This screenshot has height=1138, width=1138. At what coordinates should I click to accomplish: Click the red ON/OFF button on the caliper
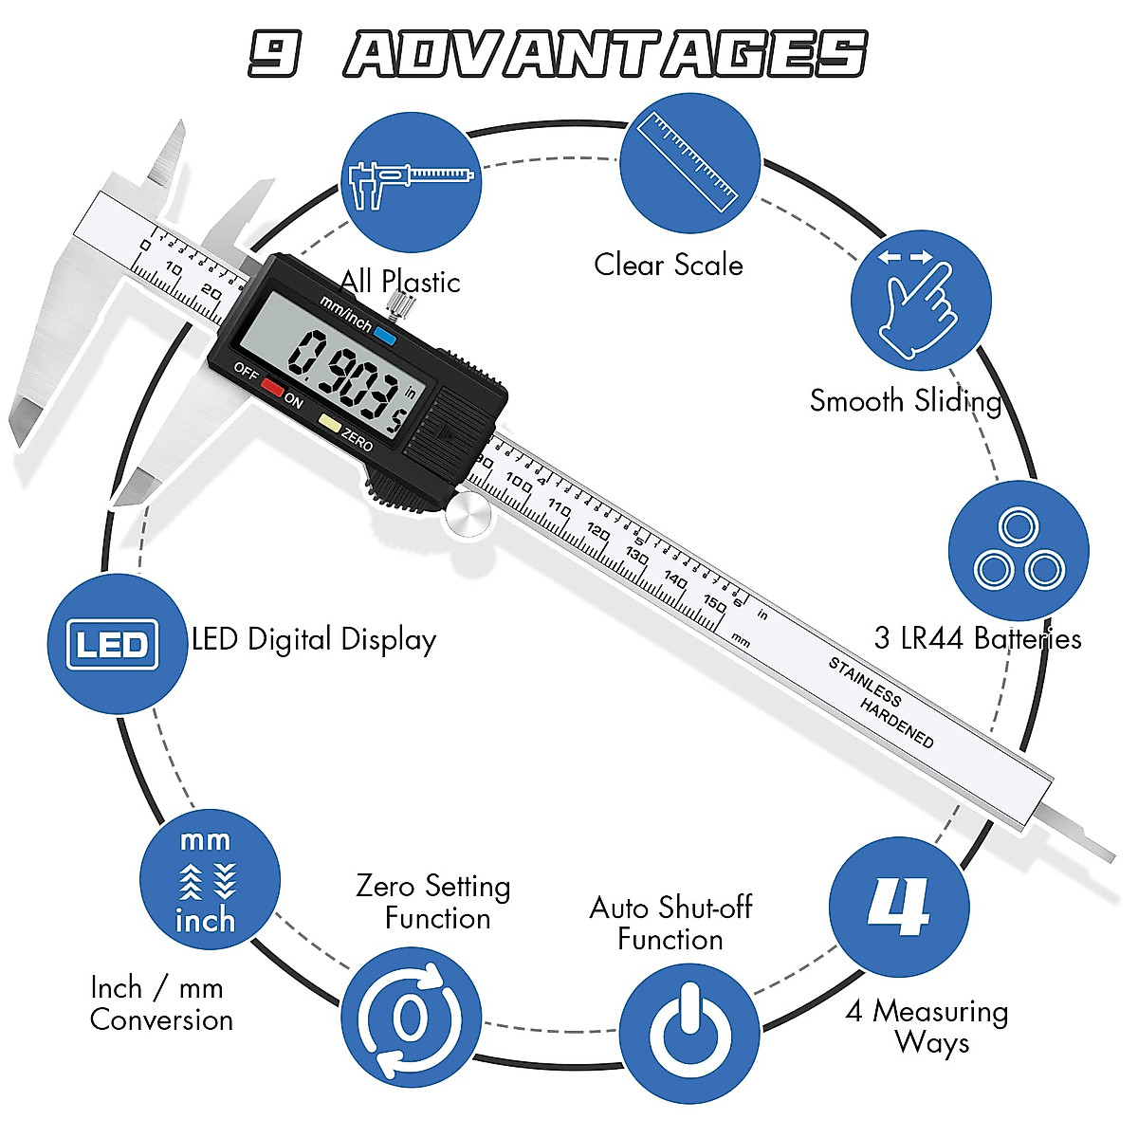[273, 387]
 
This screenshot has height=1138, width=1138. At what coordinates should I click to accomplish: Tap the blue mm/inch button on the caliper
[384, 335]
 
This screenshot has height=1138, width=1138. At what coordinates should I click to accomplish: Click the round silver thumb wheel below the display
[468, 515]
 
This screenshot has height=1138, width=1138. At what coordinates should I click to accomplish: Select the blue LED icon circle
[117, 644]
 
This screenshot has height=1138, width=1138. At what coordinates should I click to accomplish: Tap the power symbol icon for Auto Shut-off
[689, 1033]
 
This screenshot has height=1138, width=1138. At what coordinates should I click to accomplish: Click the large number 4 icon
[898, 907]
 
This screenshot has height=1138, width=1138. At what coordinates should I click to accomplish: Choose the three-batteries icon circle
[1019, 551]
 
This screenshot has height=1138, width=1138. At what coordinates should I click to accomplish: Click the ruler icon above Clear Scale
[689, 162]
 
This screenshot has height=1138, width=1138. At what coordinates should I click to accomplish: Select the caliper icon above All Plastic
[410, 182]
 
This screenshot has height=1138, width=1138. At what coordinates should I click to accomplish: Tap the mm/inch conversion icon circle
[209, 880]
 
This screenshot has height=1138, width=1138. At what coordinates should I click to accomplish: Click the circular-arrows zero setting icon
[410, 1019]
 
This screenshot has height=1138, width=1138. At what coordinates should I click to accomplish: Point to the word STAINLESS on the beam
[865, 681]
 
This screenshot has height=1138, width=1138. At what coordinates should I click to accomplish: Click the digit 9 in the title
[275, 53]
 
